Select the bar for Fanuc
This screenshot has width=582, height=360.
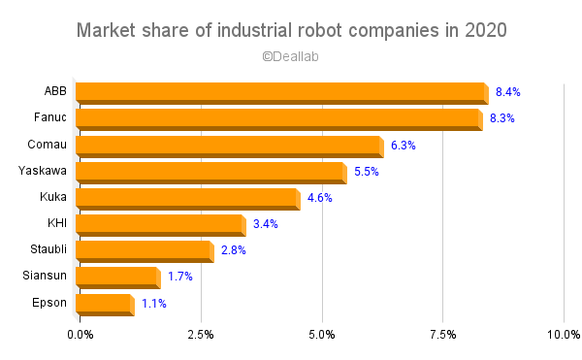277,119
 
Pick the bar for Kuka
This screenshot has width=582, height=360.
186,199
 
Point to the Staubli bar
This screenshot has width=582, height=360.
143,251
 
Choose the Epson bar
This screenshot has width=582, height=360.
102,304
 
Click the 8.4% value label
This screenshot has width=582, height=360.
508,92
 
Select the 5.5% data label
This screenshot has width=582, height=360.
366,172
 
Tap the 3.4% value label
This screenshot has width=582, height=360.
265,225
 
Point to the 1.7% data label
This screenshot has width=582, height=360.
180,278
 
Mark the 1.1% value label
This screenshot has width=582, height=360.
154,304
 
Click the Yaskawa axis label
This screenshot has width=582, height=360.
43,171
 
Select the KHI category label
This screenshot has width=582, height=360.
55,223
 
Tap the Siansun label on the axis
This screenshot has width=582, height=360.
45,276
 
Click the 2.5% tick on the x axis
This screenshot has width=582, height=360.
201,335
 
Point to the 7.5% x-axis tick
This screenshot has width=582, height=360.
443,335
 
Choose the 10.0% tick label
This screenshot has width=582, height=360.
562,335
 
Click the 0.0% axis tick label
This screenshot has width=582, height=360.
81,335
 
